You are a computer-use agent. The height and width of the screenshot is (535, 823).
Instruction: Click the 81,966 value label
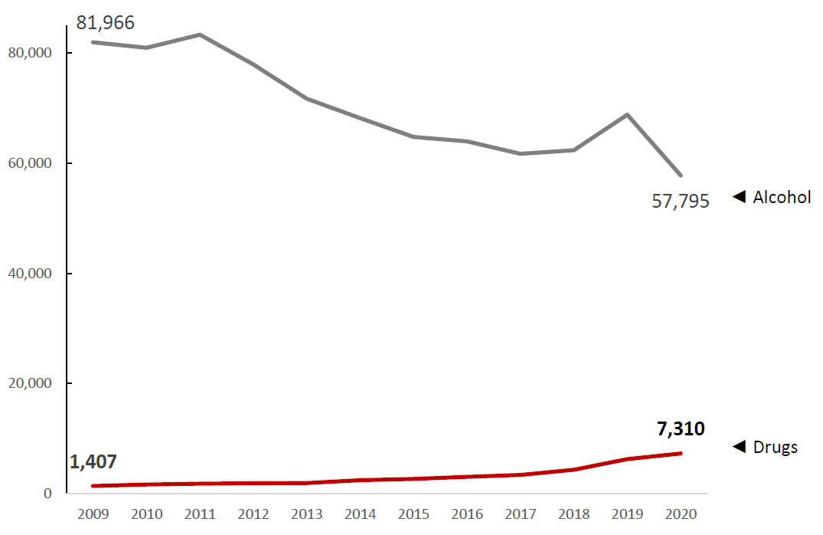click(105, 23)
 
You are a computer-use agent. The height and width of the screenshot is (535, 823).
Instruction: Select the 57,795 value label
click(681, 202)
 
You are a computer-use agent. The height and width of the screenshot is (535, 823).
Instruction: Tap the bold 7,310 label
click(681, 429)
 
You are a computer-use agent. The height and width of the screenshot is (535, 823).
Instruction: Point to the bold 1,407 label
click(93, 461)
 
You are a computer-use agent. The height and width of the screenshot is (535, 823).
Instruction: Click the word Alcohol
click(782, 197)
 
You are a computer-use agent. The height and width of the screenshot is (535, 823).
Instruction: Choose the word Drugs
click(776, 447)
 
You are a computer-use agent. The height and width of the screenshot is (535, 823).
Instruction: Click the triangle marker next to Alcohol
click(739, 197)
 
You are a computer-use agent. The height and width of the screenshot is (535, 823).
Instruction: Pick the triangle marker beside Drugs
click(739, 447)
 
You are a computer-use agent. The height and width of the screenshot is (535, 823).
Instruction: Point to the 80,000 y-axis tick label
click(28, 53)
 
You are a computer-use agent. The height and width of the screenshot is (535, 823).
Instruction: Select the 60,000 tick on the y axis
click(28, 163)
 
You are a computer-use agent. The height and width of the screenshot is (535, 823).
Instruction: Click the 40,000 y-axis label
click(28, 274)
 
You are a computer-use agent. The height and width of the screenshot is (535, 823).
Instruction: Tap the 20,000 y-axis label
click(28, 383)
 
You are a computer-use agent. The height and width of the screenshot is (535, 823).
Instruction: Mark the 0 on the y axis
click(47, 494)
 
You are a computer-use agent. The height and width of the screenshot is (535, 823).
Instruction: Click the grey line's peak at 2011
click(199, 34)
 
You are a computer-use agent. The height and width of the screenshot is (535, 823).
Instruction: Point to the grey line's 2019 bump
click(628, 114)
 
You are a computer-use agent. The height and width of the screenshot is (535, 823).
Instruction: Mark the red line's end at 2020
click(681, 453)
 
